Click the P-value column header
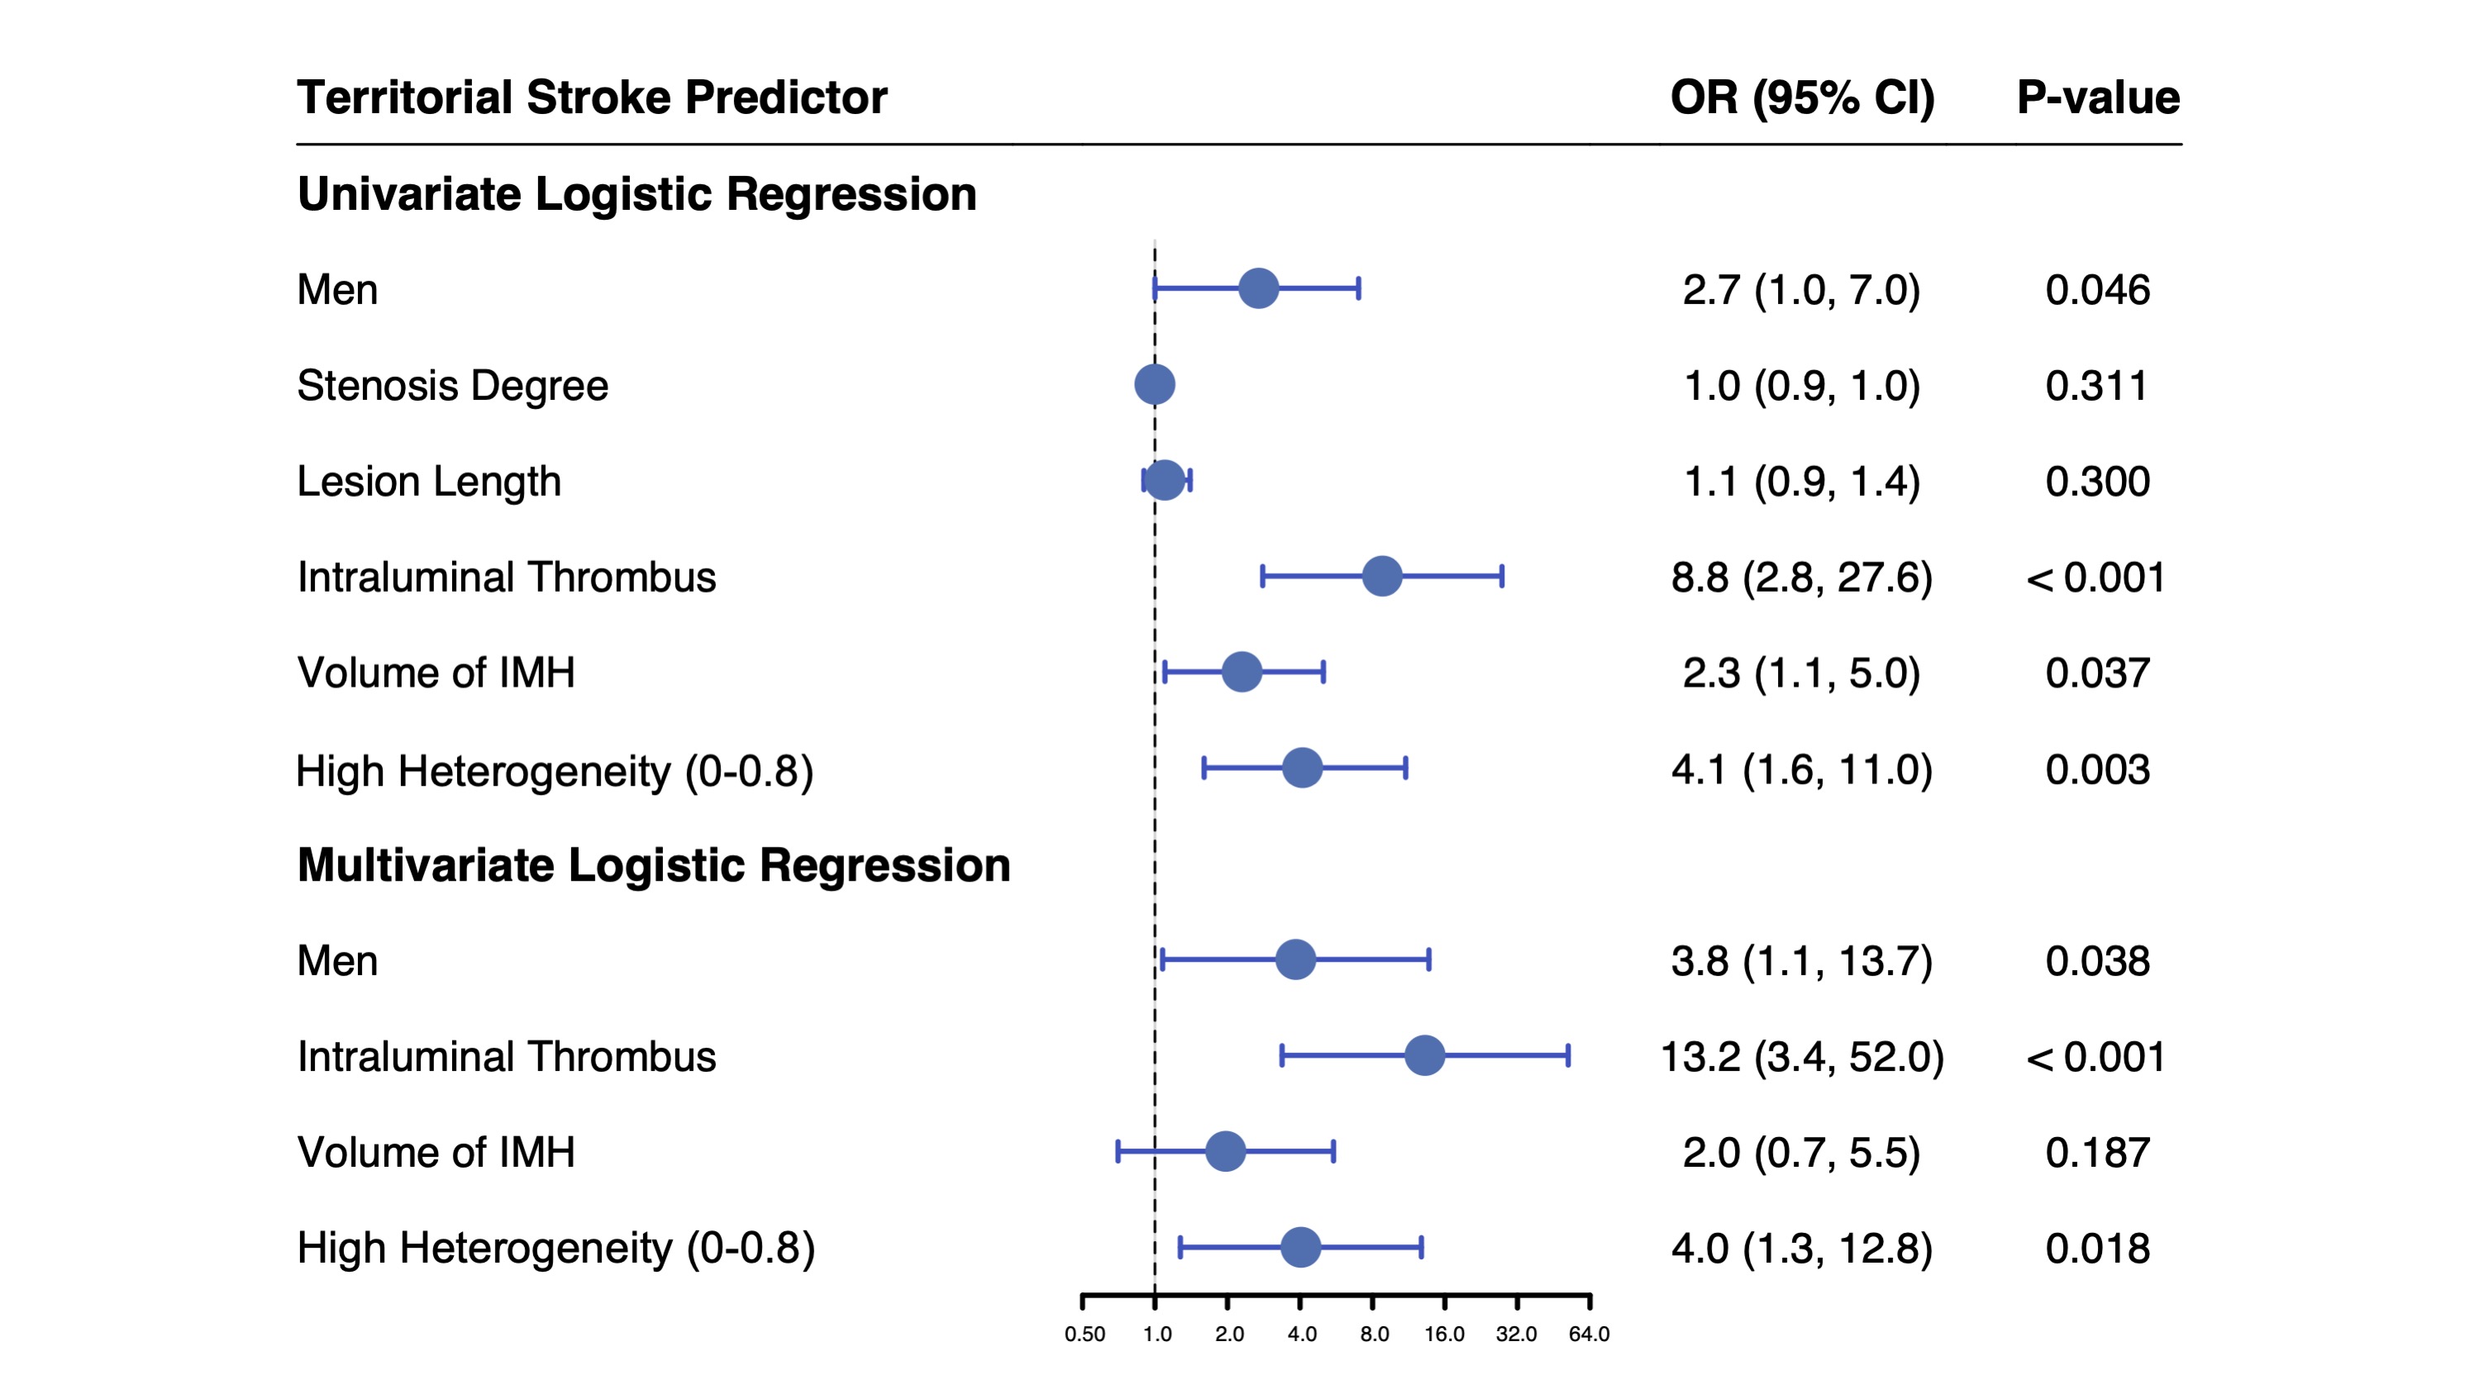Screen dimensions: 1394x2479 (x=2098, y=98)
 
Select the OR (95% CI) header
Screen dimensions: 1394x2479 (x=1801, y=98)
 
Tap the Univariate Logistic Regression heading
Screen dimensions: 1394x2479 (x=637, y=193)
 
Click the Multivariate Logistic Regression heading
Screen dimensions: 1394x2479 (x=653, y=865)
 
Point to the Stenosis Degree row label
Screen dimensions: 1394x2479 (x=452, y=386)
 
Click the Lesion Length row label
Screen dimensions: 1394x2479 (x=428, y=481)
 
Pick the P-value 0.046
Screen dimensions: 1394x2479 (x=2097, y=289)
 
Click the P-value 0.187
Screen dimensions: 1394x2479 (x=2097, y=1153)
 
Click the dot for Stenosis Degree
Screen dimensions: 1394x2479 (x=1155, y=385)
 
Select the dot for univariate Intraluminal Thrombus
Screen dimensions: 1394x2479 (x=1382, y=576)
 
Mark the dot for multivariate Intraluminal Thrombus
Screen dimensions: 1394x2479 (x=1424, y=1055)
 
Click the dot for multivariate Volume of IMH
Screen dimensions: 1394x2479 (x=1225, y=1152)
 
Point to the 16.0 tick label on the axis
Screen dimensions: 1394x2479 (x=1444, y=1335)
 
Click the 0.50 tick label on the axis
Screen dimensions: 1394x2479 (x=1085, y=1335)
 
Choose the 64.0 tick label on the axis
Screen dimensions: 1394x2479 (x=1589, y=1335)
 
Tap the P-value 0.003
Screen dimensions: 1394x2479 (x=2097, y=769)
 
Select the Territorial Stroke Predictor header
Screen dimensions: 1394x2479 (x=592, y=98)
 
